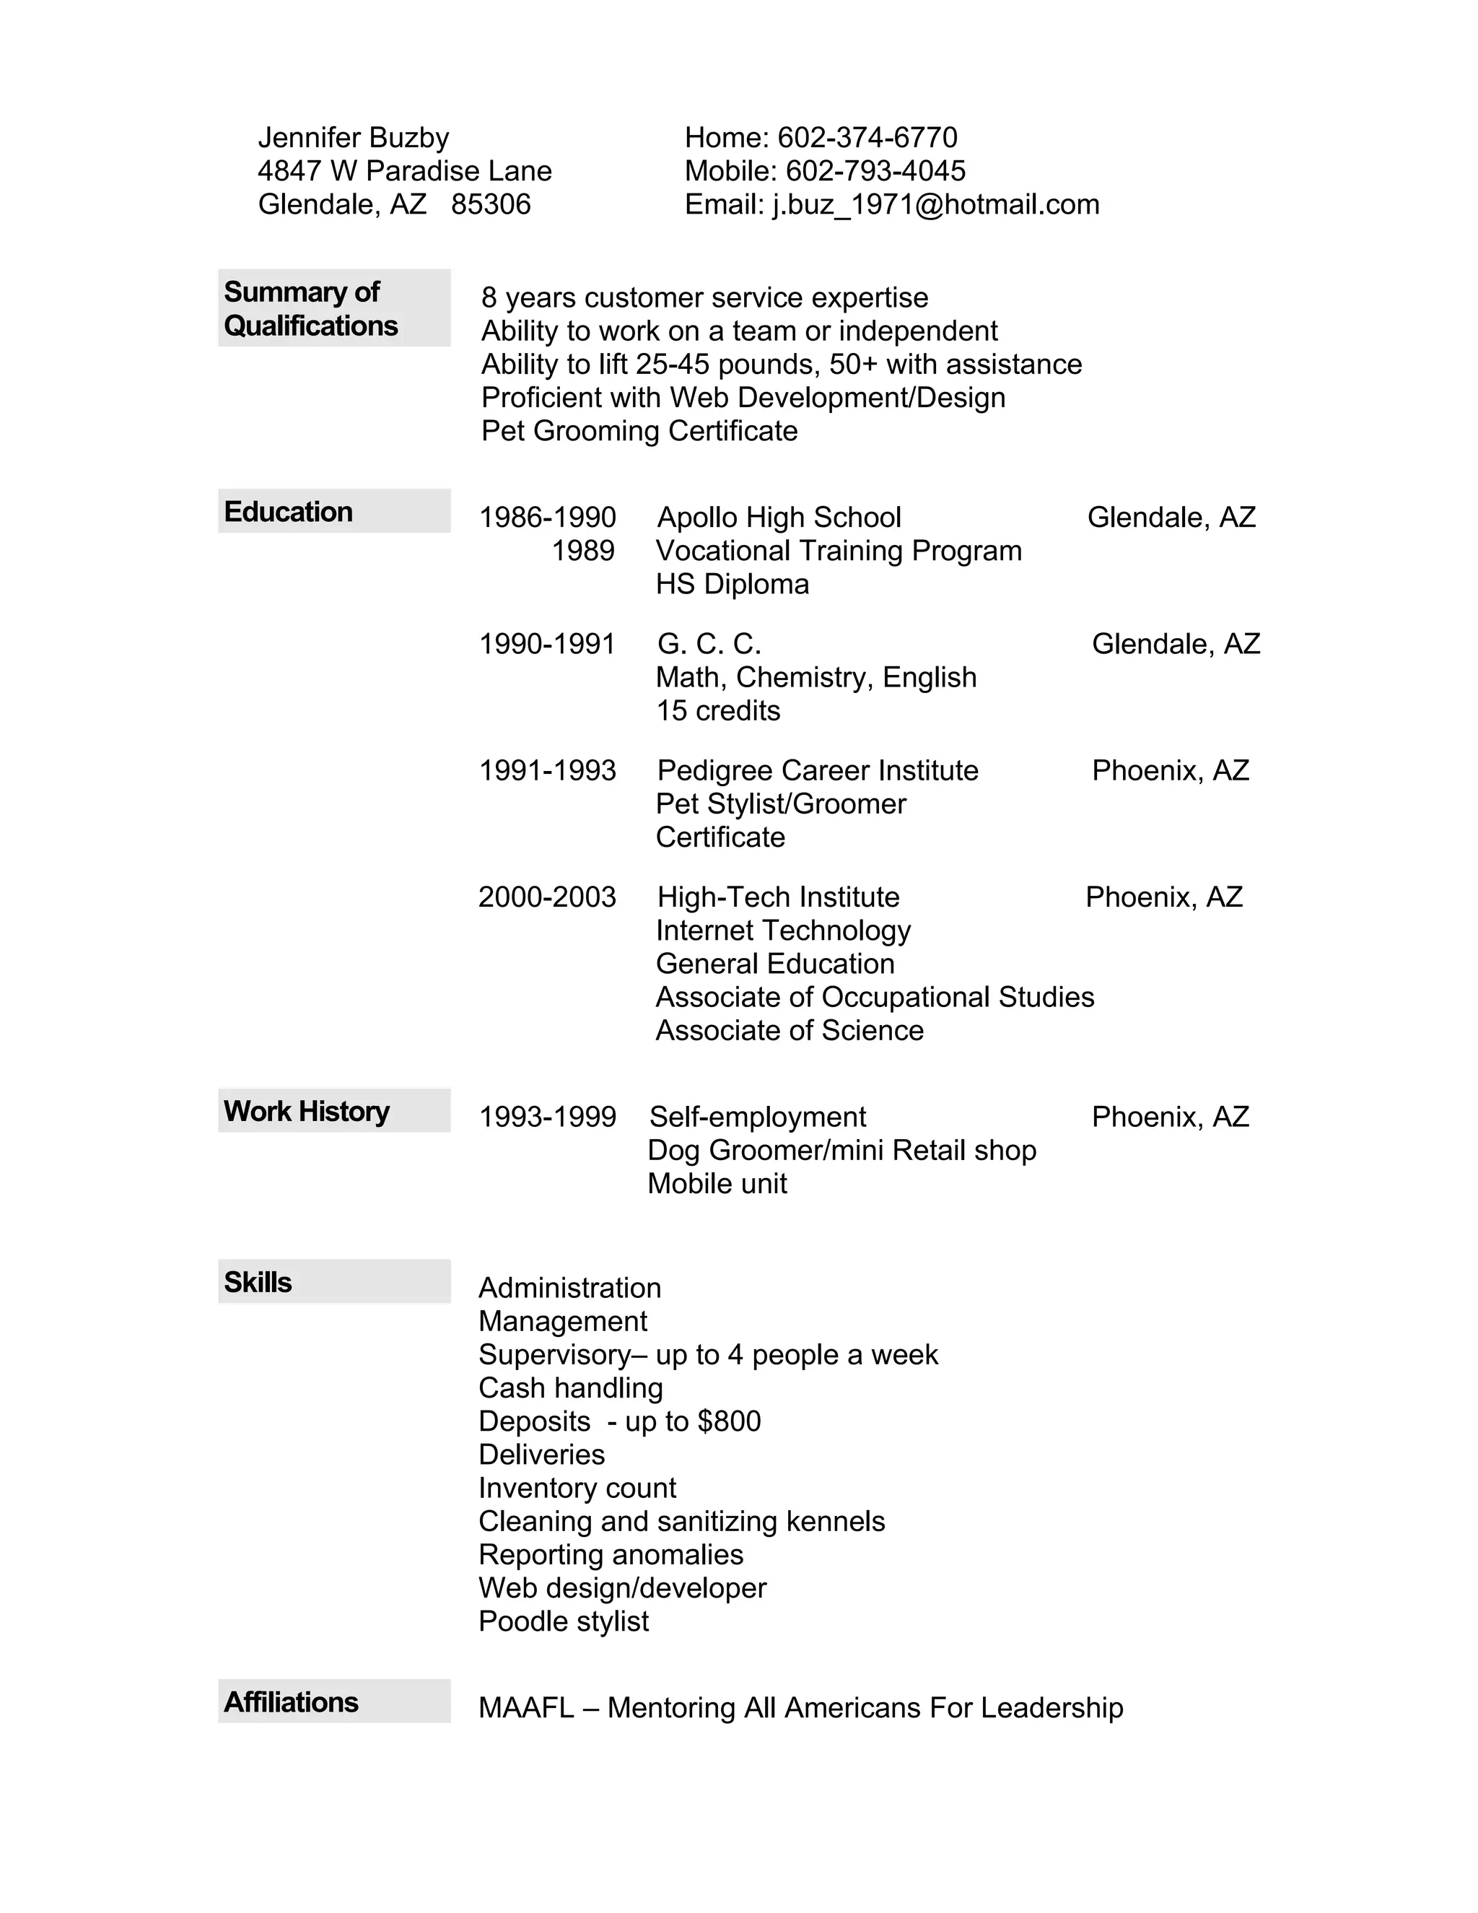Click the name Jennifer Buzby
point(353,137)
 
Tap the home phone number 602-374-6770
point(867,137)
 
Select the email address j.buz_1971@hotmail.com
point(935,204)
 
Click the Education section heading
point(288,512)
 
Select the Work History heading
point(307,1111)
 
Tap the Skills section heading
point(258,1281)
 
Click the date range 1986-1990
point(547,518)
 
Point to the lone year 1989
point(583,551)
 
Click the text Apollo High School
point(779,518)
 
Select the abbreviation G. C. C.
point(709,644)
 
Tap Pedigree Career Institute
point(818,771)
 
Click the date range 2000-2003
point(547,897)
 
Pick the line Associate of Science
point(789,1030)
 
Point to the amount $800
point(728,1421)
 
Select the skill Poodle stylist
point(564,1621)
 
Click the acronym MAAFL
point(526,1707)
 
